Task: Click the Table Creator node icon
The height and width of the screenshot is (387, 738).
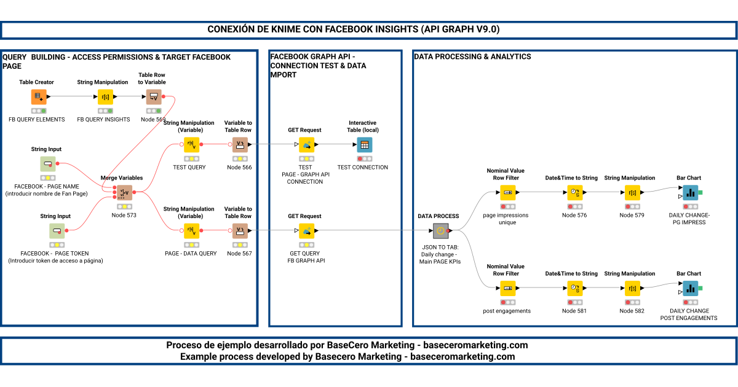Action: [39, 97]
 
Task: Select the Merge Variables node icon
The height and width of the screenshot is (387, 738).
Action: [124, 193]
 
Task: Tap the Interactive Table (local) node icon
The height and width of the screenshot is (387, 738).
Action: [365, 145]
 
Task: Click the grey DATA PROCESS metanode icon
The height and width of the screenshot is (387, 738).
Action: [440, 231]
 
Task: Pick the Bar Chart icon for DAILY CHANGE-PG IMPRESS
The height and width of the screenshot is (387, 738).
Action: [690, 193]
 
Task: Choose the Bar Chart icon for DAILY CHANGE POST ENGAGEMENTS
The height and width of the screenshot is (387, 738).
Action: [690, 288]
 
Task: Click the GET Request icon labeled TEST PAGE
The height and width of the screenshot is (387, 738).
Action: [307, 145]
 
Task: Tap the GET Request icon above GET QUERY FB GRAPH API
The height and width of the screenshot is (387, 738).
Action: [307, 231]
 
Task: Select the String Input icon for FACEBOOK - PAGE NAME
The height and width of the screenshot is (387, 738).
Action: [49, 164]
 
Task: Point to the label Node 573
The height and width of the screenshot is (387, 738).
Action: [124, 216]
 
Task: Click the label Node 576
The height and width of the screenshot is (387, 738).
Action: [574, 216]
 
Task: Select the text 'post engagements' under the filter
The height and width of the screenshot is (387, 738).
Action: [507, 311]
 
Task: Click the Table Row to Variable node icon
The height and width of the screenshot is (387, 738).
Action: [154, 97]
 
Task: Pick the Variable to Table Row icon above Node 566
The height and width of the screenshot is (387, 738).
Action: [240, 145]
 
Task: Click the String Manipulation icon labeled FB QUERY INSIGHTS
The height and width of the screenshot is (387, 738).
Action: [105, 97]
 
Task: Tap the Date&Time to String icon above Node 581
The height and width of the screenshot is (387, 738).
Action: [574, 288]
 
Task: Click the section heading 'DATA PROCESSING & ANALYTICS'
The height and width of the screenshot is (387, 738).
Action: [472, 57]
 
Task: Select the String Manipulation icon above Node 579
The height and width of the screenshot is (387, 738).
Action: [632, 193]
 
